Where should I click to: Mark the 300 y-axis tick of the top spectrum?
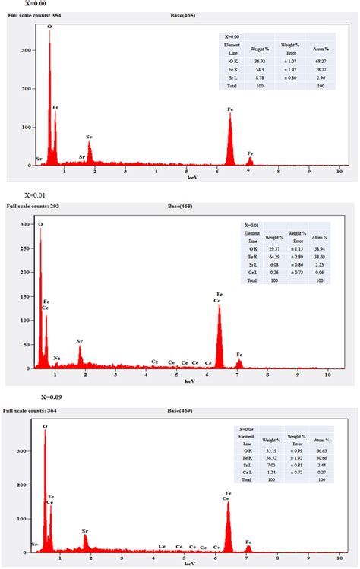click(x=26, y=50)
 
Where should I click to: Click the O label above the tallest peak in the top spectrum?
click(x=50, y=27)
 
